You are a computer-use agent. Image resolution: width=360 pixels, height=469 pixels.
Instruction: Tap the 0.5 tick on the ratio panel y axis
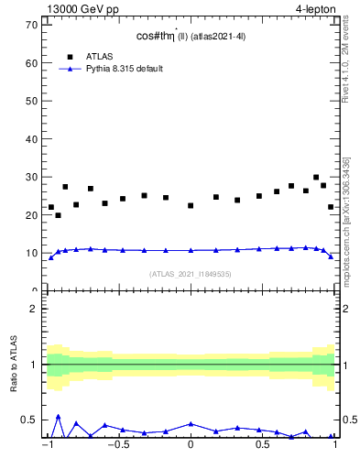30,420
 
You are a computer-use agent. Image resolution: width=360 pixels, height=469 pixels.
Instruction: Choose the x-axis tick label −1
47,446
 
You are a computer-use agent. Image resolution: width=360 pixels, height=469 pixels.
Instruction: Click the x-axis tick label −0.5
116,446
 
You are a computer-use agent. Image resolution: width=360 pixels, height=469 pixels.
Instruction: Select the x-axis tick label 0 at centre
191,446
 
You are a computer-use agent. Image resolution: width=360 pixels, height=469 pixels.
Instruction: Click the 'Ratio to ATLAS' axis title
13,365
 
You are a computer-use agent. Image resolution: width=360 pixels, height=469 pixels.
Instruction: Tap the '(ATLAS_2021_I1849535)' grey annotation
191,274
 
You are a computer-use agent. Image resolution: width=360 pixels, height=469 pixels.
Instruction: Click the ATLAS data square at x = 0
191,205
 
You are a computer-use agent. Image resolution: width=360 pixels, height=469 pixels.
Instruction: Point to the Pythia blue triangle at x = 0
191,250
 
